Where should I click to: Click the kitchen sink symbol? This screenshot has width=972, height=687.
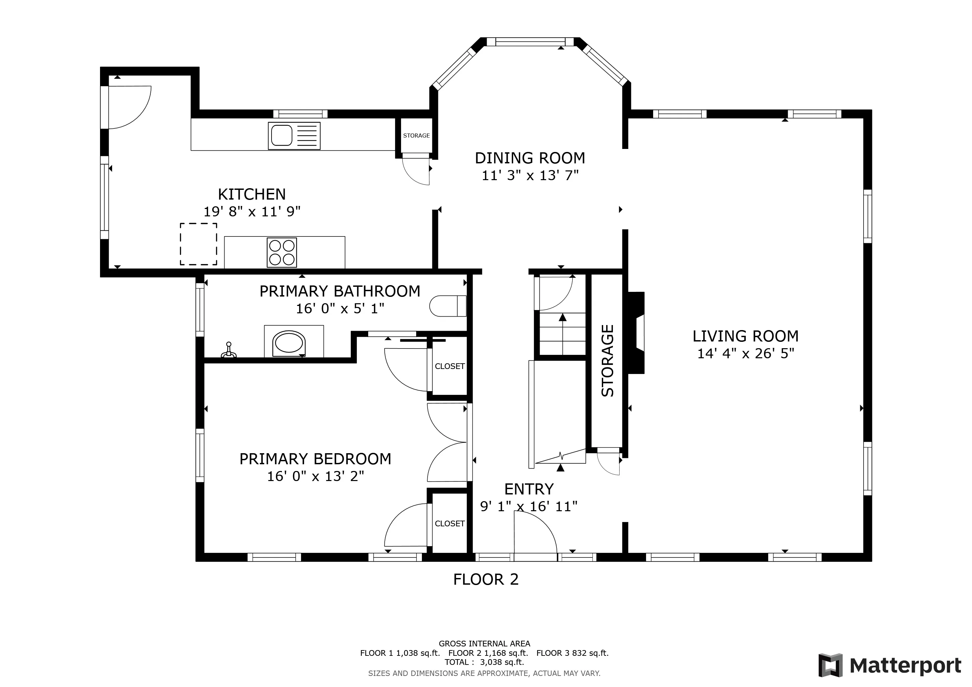tap(294, 136)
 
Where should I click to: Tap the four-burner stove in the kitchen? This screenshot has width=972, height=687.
tap(282, 253)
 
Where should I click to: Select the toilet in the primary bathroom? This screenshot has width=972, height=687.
tap(448, 306)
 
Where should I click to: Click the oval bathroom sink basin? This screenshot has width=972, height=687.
tap(289, 343)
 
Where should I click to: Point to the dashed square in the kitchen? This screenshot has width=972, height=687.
tap(199, 244)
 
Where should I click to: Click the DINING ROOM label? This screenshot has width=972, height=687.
tap(530, 158)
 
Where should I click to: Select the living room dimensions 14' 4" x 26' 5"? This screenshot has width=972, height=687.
tap(745, 353)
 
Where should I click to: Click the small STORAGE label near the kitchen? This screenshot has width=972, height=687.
tap(416, 136)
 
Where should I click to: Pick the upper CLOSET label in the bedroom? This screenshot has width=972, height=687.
tap(450, 366)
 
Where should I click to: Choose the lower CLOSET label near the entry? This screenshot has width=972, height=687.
tap(450, 524)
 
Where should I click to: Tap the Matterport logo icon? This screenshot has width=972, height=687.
tap(830, 666)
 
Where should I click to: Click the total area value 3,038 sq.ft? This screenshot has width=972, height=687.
tap(502, 663)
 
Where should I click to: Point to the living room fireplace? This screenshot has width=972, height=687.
tap(636, 333)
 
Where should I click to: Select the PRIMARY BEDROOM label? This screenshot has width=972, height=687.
tap(315, 459)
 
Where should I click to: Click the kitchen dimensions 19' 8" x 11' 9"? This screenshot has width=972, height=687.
tap(252, 212)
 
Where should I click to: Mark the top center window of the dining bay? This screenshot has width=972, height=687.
tap(530, 42)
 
